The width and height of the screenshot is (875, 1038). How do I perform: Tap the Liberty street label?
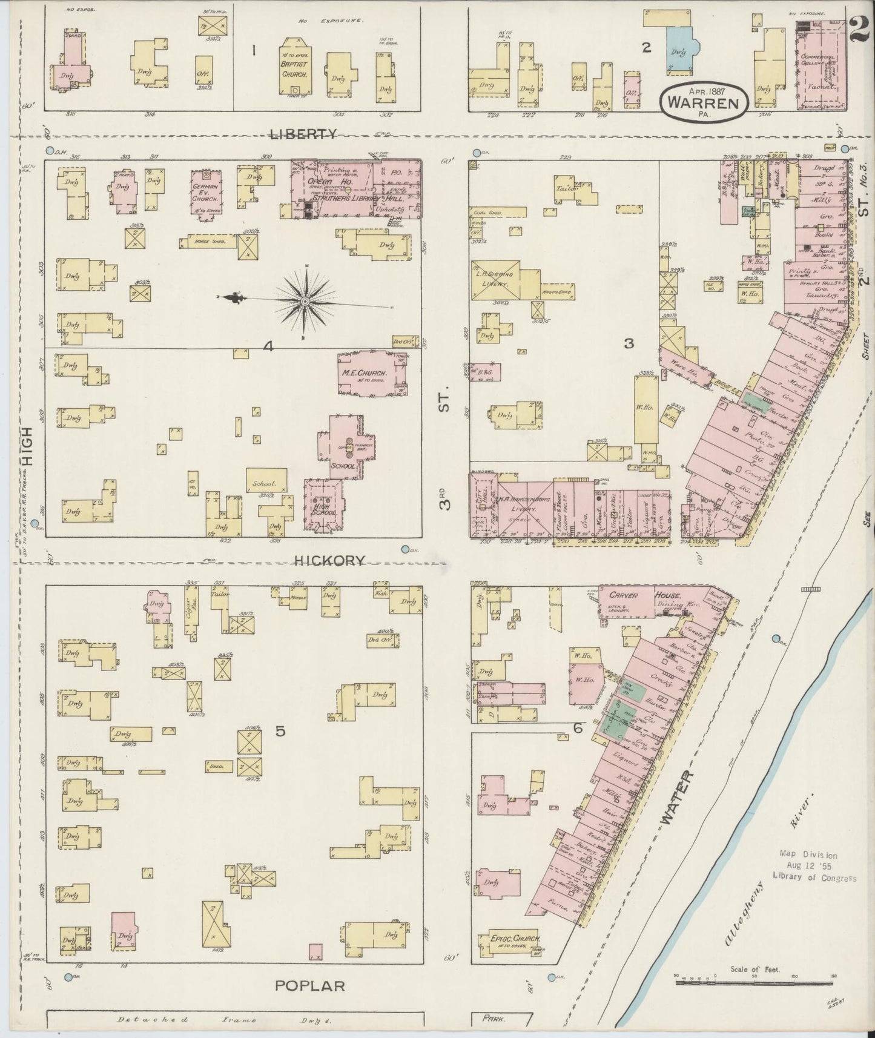(x=302, y=134)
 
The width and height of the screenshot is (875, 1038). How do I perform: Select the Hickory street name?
(x=329, y=561)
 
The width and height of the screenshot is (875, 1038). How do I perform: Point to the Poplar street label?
(x=310, y=985)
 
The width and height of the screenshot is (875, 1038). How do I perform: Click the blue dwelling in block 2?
(x=681, y=50)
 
